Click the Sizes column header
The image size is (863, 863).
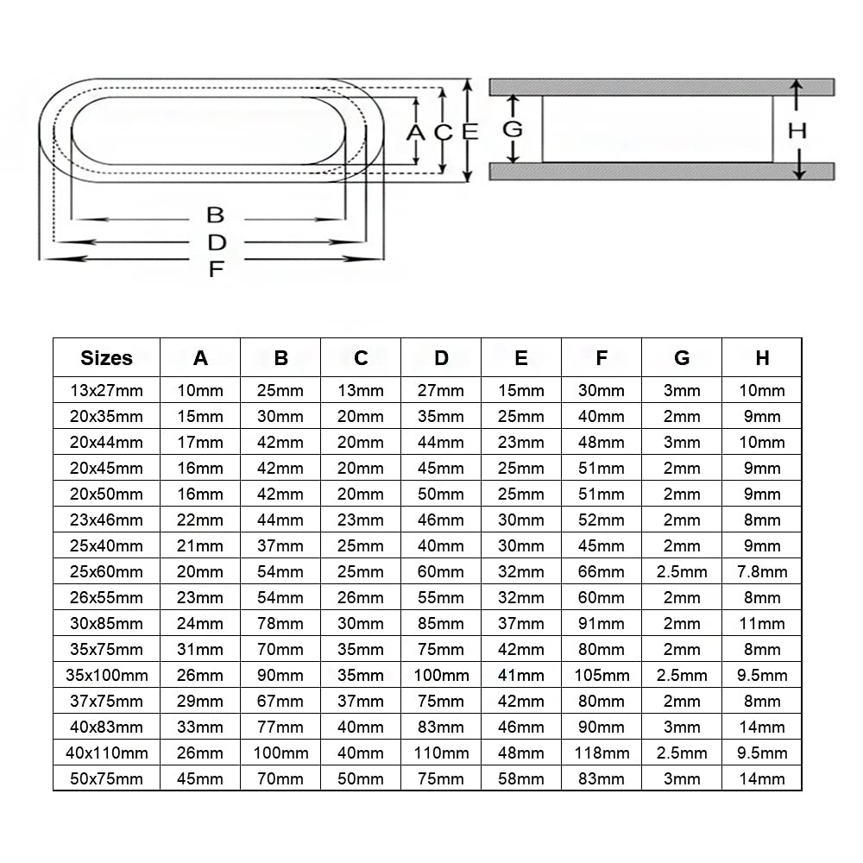click(106, 357)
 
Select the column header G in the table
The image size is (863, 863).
click(682, 357)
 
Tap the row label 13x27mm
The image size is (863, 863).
click(106, 390)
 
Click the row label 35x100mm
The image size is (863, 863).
click(106, 675)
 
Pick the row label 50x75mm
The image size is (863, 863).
click(106, 778)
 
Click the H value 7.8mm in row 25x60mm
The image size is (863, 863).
click(762, 571)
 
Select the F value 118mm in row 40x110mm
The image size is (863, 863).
click(602, 753)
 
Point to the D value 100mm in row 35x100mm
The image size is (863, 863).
click(441, 675)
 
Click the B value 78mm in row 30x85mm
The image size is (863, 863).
click(280, 623)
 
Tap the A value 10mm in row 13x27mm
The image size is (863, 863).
click(200, 390)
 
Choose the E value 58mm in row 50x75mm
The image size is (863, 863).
click(521, 778)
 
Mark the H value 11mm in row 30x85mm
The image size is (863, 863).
click(762, 623)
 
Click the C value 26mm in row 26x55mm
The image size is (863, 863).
click(361, 597)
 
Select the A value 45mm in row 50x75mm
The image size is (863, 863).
click(200, 778)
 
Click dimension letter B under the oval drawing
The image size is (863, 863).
click(216, 215)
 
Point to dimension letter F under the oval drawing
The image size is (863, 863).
click(216, 268)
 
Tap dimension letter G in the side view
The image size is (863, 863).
click(513, 129)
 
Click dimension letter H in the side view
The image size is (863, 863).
click(797, 130)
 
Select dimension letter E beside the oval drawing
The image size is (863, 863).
click(469, 132)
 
